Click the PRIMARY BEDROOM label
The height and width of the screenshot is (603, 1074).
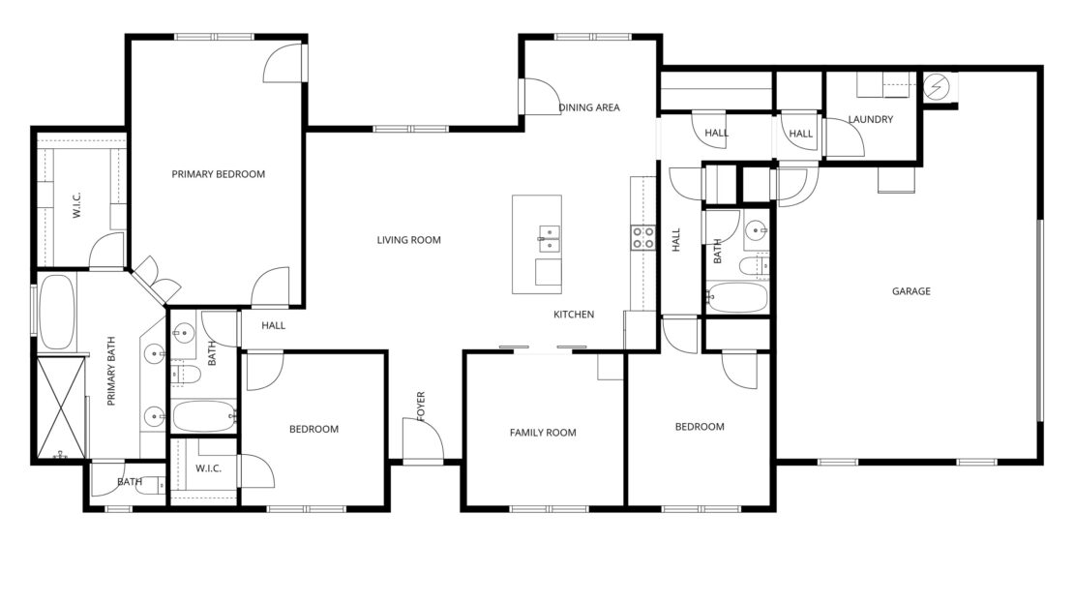point(218,174)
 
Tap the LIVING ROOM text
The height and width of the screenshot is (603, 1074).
point(409,240)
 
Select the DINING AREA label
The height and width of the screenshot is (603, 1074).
point(589,107)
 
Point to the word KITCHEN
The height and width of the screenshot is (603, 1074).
point(574,315)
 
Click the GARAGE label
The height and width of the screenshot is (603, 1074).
point(911,291)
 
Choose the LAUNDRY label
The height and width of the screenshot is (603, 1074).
point(871,119)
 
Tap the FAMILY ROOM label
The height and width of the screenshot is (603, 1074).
point(543,433)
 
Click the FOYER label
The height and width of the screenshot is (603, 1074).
point(421,406)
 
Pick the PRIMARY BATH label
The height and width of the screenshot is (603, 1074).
point(111,371)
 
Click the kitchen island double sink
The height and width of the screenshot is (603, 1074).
point(550,239)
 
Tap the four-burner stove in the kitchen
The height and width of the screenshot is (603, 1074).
point(643,238)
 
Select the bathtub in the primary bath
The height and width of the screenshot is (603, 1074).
point(56,313)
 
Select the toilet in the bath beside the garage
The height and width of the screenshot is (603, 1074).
point(755,265)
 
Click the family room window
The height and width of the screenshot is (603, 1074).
point(550,509)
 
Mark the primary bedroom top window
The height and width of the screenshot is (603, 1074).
point(215,37)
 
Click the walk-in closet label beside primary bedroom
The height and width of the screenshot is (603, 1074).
point(76,205)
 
